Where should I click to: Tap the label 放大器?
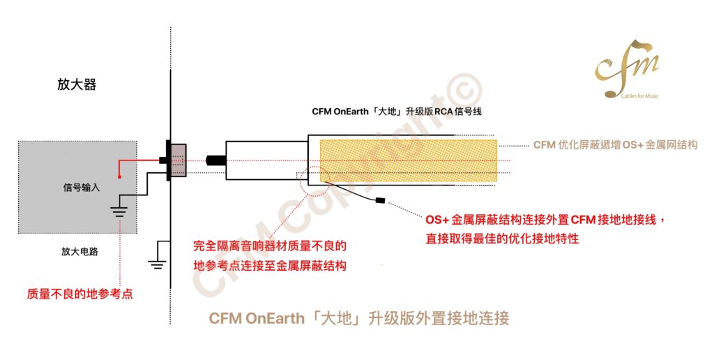77,84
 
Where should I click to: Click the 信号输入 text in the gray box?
81,187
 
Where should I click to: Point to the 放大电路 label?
79,251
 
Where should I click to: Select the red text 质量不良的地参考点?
79,294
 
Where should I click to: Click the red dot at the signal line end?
119,177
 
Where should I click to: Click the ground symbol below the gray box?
157,264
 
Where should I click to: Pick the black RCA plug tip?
216,160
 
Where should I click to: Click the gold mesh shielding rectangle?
409,160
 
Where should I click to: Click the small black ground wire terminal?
380,200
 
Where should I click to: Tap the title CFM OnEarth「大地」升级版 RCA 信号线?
397,112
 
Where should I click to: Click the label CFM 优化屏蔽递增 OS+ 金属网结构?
615,145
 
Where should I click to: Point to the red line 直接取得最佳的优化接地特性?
502,239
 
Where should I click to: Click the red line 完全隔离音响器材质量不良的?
270,246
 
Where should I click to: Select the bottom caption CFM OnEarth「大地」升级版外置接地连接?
359,318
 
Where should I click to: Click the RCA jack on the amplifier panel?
178,160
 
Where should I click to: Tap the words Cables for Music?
640,96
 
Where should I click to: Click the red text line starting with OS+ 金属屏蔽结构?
545,220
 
